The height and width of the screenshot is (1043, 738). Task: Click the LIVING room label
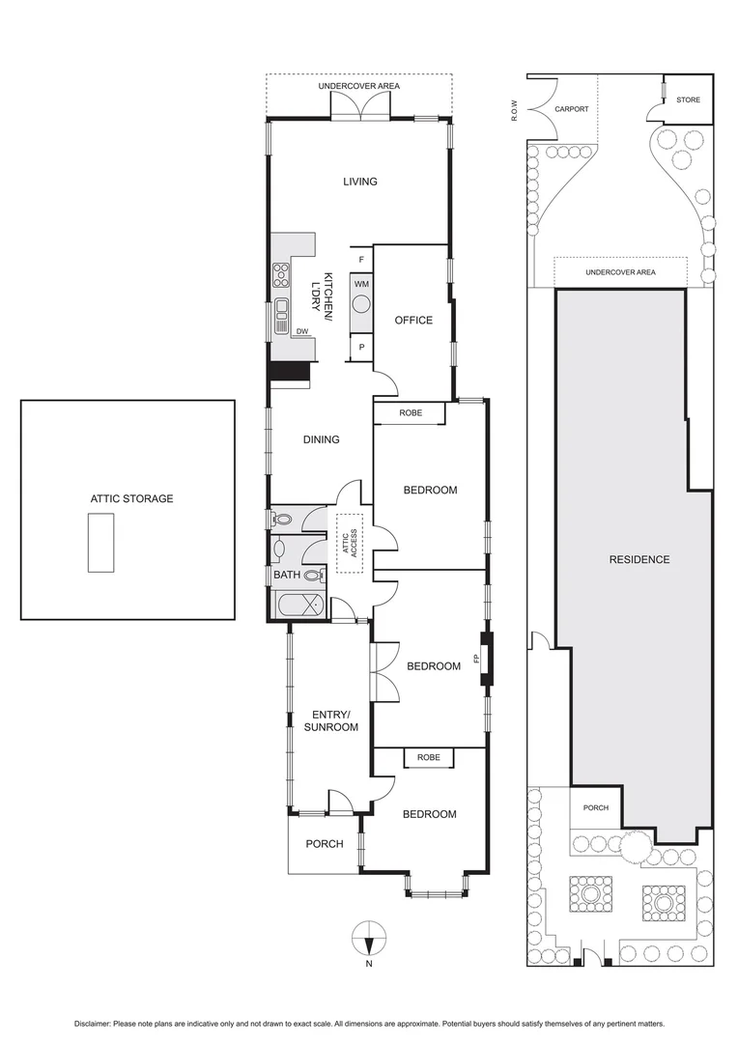tap(359, 182)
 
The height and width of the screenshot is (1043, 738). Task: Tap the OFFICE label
tap(413, 321)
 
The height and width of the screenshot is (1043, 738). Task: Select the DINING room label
tap(321, 439)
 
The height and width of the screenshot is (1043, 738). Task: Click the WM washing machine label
tap(361, 284)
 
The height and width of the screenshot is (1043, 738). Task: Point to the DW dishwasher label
tap(302, 331)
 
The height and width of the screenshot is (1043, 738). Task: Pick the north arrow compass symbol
tap(369, 938)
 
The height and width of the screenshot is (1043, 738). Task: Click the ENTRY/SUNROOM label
tap(330, 720)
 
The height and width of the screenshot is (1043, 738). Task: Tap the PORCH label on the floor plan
tap(325, 844)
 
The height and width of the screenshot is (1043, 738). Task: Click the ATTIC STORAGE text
tap(131, 498)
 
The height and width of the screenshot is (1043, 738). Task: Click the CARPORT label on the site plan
tap(572, 109)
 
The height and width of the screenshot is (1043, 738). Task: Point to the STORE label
tap(688, 99)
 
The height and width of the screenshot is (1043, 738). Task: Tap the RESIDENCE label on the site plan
tap(639, 560)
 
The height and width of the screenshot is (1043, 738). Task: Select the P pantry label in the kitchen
tap(361, 347)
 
